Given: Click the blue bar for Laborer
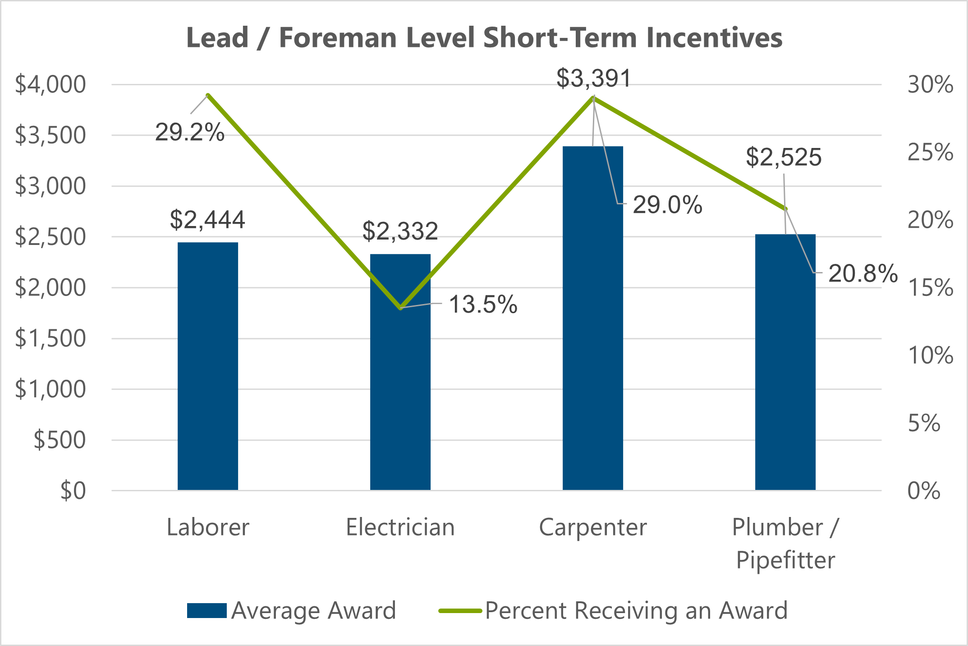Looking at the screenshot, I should pos(207,365).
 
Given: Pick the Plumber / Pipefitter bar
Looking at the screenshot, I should pos(785,361).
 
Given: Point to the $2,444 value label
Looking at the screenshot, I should pos(207,220).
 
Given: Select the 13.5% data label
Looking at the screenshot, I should pos(483,304).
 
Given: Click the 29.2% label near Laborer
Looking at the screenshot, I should pos(189,133).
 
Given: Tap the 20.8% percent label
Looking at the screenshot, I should pos(862,273).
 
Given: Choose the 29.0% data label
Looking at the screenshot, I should pos(667,205).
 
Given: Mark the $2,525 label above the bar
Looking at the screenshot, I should pos(784,157).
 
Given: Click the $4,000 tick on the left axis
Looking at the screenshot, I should pos(50,84).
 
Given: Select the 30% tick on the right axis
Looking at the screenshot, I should pos(930,84).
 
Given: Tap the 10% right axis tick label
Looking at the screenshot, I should pos(930,355).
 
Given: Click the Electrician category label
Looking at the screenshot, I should pos(400,527).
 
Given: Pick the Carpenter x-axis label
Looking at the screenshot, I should pos(592,527).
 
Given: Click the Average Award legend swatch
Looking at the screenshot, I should pos(206,610).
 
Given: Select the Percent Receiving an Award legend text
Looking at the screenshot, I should pos(636,610).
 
